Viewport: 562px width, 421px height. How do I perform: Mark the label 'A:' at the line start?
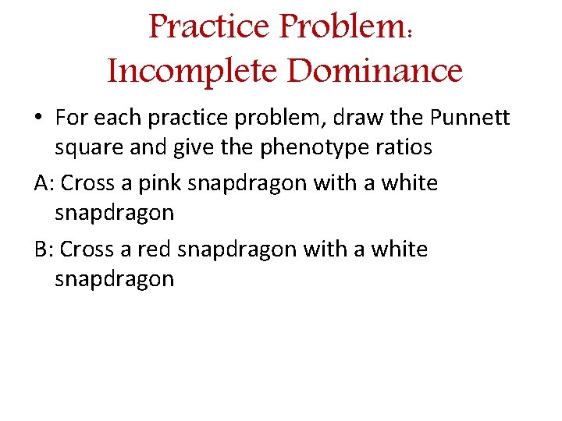pos(44,183)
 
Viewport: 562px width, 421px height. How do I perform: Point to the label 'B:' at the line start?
pos(44,249)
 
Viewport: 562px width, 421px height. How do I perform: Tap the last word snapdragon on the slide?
pos(115,278)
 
